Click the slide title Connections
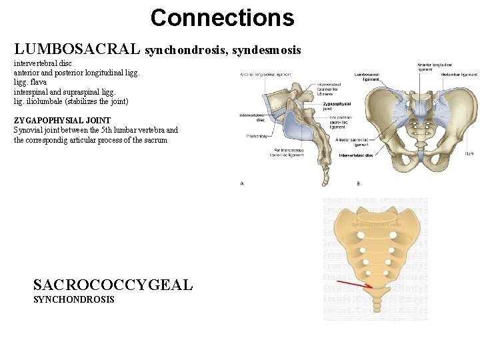pyautogui.click(x=222, y=18)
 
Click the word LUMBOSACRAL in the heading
pyautogui.click(x=77, y=49)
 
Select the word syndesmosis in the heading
pyautogui.click(x=267, y=50)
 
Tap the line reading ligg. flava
pyautogui.click(x=31, y=82)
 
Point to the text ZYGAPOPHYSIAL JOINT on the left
pyautogui.click(x=62, y=121)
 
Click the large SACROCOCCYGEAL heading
pyautogui.click(x=113, y=285)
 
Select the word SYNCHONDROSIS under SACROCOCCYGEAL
pyautogui.click(x=74, y=300)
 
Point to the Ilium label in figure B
pyautogui.click(x=469, y=154)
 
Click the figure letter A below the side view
pyautogui.click(x=241, y=183)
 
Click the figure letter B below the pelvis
pyautogui.click(x=358, y=183)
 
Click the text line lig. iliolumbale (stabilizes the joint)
pyautogui.click(x=71, y=101)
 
